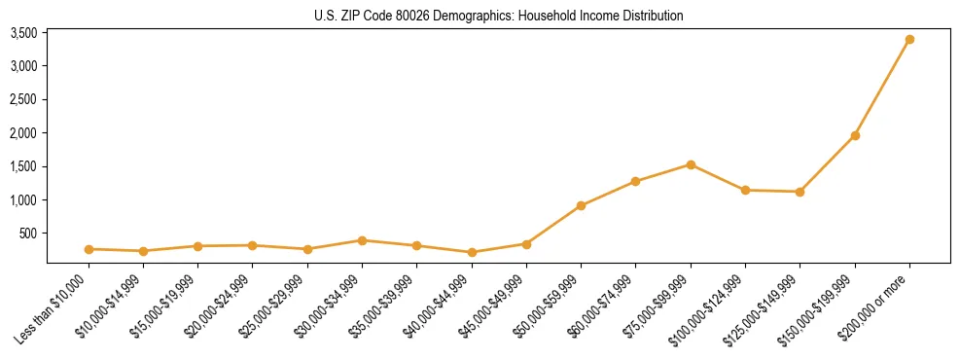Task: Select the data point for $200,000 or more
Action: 909,40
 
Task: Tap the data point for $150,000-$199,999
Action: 855,135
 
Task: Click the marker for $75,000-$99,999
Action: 691,164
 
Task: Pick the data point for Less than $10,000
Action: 89,249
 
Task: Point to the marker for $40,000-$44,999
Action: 472,252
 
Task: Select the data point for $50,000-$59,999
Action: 581,205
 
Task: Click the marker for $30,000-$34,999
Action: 362,240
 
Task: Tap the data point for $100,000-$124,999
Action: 745,190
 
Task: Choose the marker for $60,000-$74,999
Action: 635,181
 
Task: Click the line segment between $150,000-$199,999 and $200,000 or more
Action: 882,88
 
